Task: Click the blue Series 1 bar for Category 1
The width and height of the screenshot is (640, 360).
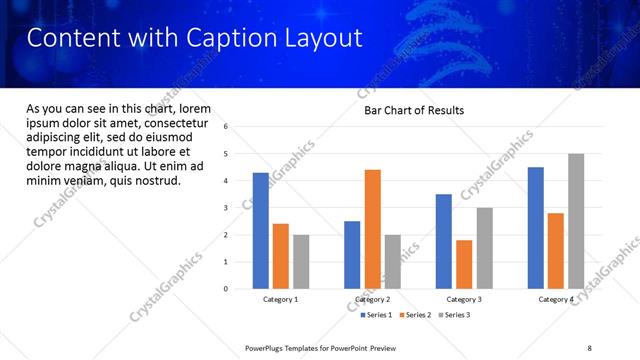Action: (261, 231)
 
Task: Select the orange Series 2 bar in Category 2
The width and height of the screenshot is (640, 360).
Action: (372, 229)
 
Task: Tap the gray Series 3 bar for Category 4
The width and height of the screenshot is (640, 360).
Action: (576, 221)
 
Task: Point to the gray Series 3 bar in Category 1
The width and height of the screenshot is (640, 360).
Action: (301, 262)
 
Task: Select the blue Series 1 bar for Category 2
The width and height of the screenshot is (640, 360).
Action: (352, 255)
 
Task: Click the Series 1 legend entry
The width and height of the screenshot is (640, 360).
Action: (376, 315)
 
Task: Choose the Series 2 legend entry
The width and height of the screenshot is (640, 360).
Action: (417, 315)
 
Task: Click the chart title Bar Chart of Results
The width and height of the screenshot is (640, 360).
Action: (413, 110)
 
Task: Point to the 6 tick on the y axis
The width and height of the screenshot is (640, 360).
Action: (226, 127)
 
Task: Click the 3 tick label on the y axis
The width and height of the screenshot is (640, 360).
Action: (226, 208)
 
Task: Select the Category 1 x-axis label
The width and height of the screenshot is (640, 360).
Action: (280, 299)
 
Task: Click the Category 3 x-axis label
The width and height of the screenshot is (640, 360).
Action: (463, 299)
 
